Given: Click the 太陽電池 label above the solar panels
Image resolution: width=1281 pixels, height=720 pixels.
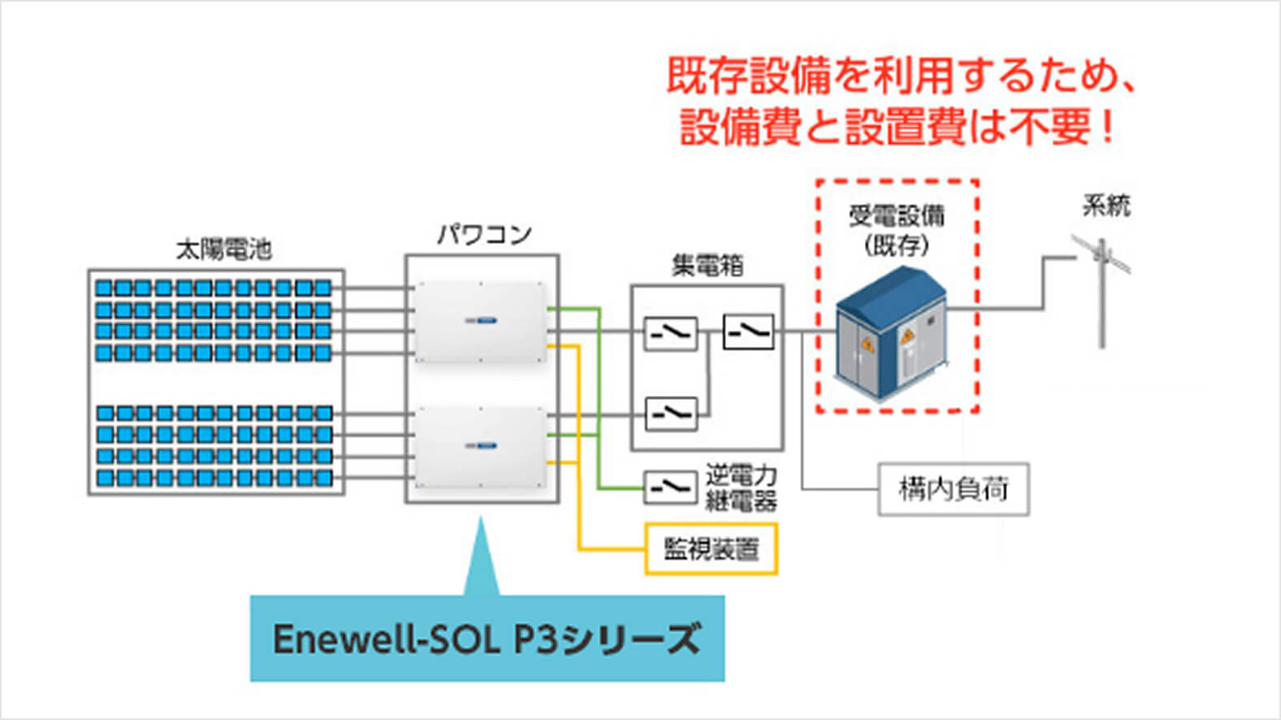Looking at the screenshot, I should (224, 249).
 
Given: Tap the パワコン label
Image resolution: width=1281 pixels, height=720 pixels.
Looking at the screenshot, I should (484, 234).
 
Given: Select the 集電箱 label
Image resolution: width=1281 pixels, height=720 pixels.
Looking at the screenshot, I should (707, 265).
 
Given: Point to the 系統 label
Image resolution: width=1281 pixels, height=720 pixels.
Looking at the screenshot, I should (1106, 206).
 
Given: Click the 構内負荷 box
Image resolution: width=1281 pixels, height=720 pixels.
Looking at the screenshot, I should (953, 489).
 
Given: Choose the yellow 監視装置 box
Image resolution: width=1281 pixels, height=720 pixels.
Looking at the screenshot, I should (711, 549).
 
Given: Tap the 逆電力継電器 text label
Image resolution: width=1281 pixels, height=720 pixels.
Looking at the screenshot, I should (740, 488).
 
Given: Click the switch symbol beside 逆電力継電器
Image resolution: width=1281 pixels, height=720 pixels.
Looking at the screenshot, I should (671, 487).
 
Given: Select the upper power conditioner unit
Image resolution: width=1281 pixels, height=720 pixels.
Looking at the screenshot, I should (480, 322).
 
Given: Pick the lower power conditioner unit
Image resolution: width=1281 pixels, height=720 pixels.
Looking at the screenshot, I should (480, 446).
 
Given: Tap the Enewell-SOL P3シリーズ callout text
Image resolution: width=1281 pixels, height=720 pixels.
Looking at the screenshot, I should (486, 639).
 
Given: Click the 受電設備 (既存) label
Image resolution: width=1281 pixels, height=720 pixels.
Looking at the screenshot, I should (897, 230).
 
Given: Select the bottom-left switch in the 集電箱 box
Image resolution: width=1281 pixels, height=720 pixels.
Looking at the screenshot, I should (671, 414).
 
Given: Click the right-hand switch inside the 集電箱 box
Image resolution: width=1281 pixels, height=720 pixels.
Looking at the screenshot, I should (748, 332).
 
